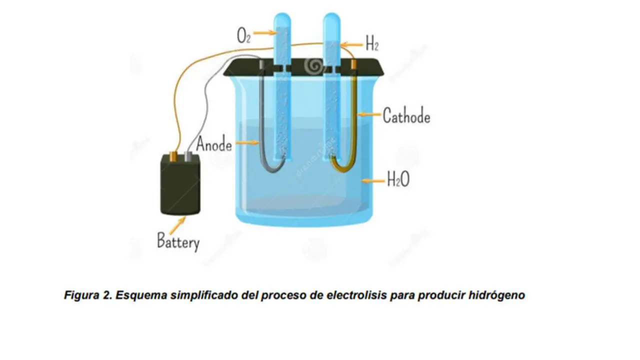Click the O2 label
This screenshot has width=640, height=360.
tap(243, 36)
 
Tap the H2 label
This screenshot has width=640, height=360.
tap(371, 44)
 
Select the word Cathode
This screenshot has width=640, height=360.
tap(406, 116)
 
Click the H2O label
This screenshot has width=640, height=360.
tap(398, 179)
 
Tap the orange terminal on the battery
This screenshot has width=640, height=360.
tap(173, 156)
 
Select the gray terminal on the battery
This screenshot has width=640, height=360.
tap(188, 156)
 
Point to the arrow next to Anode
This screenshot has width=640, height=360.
tap(246, 143)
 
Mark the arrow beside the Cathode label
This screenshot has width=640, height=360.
tap(369, 114)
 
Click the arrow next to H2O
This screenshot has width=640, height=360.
tap(373, 179)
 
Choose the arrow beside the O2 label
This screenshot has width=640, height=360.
tap(264, 33)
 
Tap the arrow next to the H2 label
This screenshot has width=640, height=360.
tap(351, 44)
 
